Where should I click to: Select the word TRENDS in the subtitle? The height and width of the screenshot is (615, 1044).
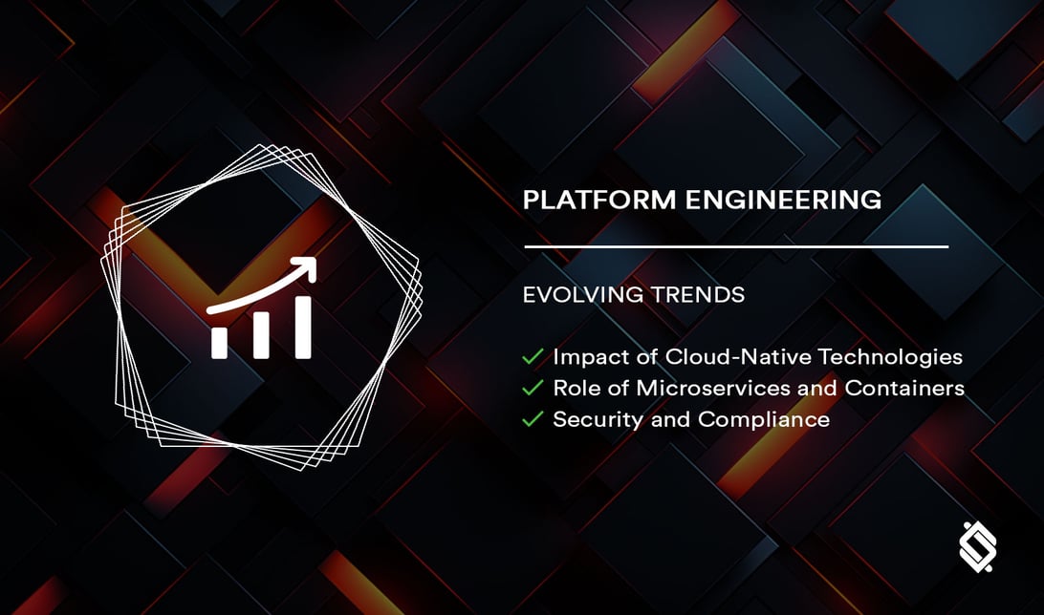click(697, 295)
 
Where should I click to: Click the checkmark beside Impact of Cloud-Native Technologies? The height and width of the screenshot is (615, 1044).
click(533, 358)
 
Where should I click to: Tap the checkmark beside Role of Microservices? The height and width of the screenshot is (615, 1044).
click(533, 389)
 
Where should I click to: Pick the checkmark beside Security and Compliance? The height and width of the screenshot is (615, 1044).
click(533, 419)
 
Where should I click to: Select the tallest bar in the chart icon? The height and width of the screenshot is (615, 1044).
click(303, 328)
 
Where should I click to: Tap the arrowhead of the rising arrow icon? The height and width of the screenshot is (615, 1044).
click(306, 266)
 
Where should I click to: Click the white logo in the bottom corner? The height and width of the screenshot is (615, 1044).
click(977, 547)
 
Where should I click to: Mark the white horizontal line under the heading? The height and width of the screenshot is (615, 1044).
click(736, 246)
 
